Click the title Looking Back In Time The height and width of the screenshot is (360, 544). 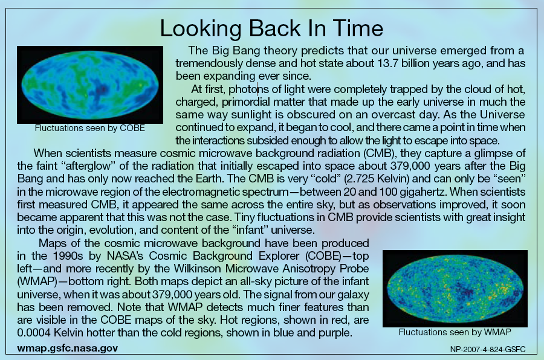271,28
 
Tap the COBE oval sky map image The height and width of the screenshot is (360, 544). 90,85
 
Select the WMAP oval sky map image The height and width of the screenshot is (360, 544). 455,289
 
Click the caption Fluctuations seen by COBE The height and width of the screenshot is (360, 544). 90,128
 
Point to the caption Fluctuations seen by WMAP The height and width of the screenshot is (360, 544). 455,332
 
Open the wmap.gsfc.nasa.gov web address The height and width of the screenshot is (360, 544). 67,348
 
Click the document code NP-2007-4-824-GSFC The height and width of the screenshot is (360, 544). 488,349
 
